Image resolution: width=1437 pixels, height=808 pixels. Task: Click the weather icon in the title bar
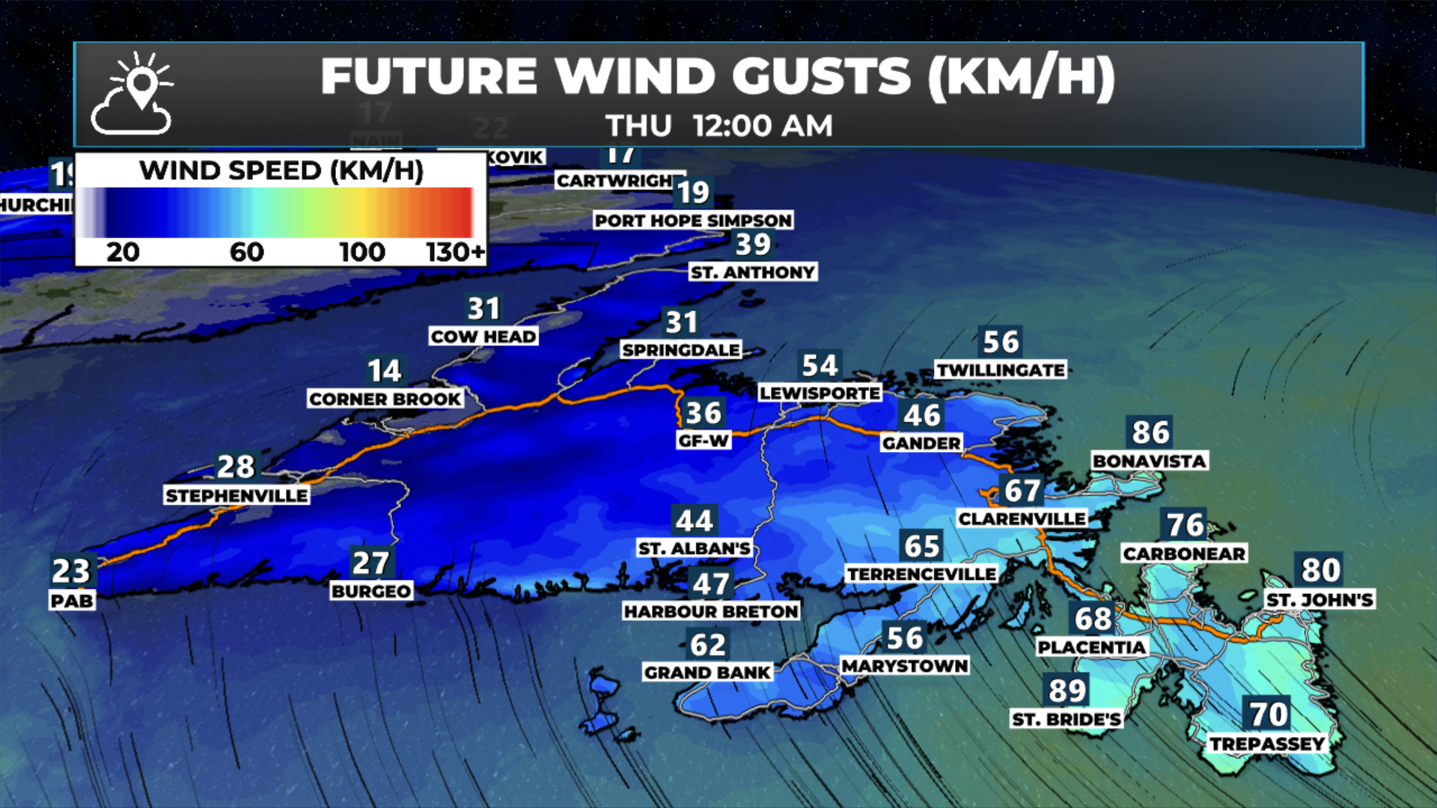[132, 94]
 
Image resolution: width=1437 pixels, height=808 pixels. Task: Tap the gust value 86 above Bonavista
[1150, 432]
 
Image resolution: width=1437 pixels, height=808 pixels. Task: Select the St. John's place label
[1319, 599]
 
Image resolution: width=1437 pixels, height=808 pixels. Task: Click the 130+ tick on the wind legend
[455, 252]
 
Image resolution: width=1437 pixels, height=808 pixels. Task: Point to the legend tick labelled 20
[123, 252]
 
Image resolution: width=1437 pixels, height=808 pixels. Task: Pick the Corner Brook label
[385, 399]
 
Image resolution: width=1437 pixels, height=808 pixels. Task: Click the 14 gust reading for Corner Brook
[385, 370]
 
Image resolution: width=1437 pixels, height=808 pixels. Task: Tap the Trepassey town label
[1267, 744]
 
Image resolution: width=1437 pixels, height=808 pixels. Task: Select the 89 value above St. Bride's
[1067, 691]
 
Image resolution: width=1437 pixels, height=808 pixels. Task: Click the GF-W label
[704, 441]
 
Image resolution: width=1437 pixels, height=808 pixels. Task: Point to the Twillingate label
[1001, 370]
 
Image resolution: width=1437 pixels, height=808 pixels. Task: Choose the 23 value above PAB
[71, 571]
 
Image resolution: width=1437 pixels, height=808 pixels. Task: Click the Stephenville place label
[237, 495]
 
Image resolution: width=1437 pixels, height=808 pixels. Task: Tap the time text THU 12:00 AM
[718, 126]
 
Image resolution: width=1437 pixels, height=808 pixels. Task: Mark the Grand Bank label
[707, 673]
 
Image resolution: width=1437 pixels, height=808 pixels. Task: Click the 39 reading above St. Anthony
[753, 245]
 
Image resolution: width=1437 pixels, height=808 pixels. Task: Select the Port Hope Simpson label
[693, 220]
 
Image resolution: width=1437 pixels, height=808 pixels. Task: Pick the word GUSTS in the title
[821, 76]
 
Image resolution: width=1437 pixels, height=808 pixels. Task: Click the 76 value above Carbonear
[1186, 525]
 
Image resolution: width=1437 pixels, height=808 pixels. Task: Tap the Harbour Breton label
[711, 611]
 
